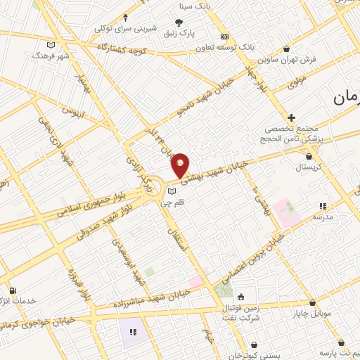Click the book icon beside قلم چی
tap(172, 190)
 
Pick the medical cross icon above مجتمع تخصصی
tap(291, 117)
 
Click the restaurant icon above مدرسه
tap(323, 206)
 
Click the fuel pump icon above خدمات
tap(12, 290)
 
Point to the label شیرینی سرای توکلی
tap(125, 30)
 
